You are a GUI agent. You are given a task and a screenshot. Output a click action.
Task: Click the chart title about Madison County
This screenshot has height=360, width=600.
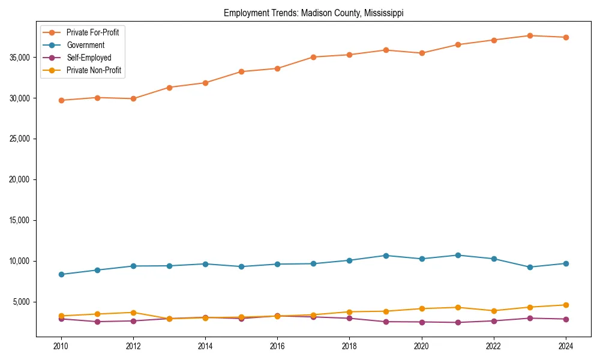click(x=313, y=13)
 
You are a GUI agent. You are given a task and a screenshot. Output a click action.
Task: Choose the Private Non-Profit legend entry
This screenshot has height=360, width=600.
click(x=94, y=70)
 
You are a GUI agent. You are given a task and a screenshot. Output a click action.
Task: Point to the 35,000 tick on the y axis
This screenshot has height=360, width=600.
click(x=20, y=58)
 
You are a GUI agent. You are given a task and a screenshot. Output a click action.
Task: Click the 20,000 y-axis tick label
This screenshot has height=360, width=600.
click(x=20, y=179)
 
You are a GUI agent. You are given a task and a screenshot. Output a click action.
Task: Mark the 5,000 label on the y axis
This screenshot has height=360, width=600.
click(x=22, y=302)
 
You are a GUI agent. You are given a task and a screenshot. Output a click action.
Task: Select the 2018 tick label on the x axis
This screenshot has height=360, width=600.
click(x=349, y=346)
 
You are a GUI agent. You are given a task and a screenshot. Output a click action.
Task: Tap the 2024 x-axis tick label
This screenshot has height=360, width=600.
click(x=565, y=346)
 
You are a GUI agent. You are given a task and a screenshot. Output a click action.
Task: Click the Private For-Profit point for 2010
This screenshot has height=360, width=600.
click(x=61, y=100)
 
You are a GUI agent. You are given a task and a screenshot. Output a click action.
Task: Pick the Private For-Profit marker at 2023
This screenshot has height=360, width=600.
click(x=530, y=35)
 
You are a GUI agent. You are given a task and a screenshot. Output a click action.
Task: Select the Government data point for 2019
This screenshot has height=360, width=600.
click(x=386, y=256)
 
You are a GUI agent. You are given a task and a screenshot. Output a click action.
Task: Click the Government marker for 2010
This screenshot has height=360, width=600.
click(x=61, y=274)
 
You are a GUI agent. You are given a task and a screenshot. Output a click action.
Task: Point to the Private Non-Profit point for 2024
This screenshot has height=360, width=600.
click(x=566, y=305)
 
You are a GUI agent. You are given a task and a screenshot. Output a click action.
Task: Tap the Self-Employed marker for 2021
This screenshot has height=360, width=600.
click(x=458, y=322)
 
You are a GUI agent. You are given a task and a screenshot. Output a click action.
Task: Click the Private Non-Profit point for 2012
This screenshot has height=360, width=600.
click(x=133, y=313)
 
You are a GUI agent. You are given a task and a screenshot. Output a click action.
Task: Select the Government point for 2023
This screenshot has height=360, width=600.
click(x=530, y=267)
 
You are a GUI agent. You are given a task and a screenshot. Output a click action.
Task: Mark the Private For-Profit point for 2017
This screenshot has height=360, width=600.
click(x=313, y=57)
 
